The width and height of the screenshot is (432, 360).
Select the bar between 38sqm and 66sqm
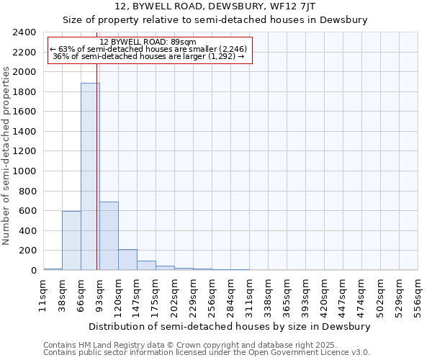(x=71, y=240)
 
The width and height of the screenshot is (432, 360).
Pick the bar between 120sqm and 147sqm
(x=127, y=260)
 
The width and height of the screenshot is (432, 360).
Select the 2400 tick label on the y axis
(x=24, y=32)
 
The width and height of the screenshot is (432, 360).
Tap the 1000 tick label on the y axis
(x=24, y=171)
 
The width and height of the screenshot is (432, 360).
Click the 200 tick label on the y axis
(x=27, y=251)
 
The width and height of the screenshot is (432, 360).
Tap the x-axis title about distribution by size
(x=230, y=326)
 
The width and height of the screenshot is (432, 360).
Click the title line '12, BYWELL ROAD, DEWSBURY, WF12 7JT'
(x=215, y=7)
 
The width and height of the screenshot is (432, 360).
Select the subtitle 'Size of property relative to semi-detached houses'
(x=215, y=20)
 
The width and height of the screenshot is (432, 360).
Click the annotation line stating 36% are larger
(x=149, y=56)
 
